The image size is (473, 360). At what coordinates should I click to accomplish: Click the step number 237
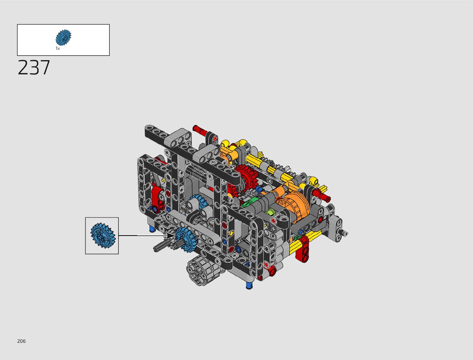[x=34, y=68]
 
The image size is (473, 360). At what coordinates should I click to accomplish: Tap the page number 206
[x=21, y=341]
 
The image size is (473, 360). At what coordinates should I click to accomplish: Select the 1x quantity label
[x=57, y=48]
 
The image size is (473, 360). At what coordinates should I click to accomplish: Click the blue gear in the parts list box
[x=63, y=37]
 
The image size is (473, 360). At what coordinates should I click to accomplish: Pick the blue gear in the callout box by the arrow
[x=103, y=235]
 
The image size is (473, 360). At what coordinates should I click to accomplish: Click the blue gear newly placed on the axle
[x=186, y=239]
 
